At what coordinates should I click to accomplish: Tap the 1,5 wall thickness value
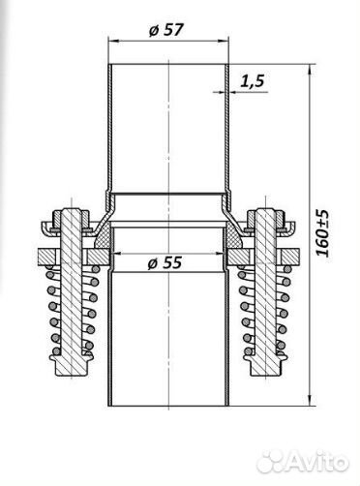click(x=254, y=80)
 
